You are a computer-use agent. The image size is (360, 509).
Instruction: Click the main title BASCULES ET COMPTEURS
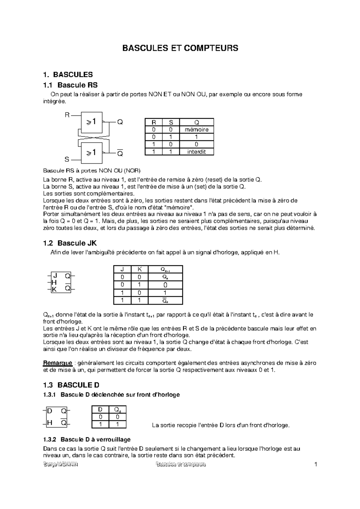click(180, 48)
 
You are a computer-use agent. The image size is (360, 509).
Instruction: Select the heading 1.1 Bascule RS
click(70, 85)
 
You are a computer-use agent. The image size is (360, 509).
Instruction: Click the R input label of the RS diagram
click(67, 115)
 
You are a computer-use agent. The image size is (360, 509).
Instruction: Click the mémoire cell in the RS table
click(196, 129)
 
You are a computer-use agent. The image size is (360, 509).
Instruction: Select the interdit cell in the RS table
click(196, 152)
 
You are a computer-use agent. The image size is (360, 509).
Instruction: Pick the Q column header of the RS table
click(196, 122)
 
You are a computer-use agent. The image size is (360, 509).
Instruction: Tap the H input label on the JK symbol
click(54, 282)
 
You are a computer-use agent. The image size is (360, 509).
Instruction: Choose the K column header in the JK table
click(139, 269)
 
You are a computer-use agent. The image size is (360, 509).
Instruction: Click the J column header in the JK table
click(122, 269)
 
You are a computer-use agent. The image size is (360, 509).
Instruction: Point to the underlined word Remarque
click(58, 363)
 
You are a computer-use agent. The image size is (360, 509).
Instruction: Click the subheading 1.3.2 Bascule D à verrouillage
click(87, 439)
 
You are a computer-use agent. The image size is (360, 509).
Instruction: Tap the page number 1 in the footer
click(315, 465)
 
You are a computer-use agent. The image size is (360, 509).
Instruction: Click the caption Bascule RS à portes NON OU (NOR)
click(91, 171)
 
